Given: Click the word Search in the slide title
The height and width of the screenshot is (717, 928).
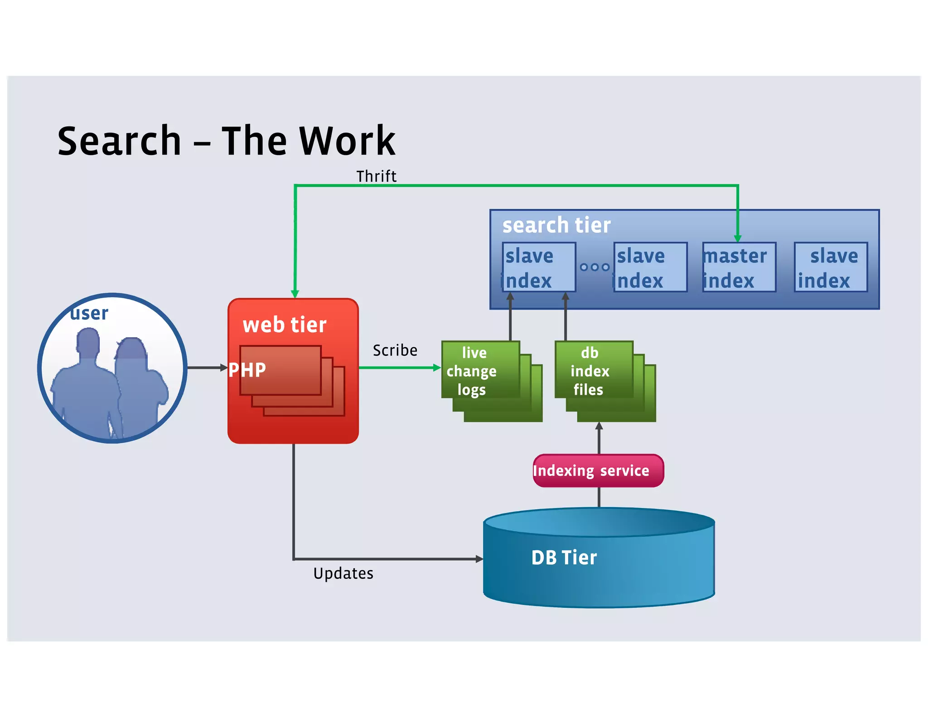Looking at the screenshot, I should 119,141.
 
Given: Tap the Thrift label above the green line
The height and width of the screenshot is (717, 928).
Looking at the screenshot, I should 376,176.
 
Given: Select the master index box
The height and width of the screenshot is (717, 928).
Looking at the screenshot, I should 739,267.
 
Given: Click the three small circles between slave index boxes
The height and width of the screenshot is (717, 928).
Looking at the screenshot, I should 594,267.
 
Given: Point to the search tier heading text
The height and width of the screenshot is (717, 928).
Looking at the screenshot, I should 556,225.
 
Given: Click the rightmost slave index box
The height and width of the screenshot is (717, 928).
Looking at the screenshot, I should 831,267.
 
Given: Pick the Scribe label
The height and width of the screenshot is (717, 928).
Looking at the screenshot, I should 395,350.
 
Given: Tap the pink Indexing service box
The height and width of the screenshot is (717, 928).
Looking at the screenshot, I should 598,471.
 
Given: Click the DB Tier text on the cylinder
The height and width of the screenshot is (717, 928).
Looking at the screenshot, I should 564,557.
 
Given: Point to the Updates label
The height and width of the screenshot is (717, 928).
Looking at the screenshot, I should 343,573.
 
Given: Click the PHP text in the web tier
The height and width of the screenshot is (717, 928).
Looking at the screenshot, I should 247,370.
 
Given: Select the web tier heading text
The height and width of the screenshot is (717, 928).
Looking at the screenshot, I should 285,325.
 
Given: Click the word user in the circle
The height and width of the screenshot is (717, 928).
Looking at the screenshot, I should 89,313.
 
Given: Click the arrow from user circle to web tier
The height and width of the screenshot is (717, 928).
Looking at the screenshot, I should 206,368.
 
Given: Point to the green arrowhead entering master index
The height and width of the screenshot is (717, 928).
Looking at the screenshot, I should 738,238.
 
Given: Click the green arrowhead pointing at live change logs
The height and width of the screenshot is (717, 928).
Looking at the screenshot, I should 437,368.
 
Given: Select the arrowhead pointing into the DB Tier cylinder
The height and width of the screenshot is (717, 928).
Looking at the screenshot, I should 479,559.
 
